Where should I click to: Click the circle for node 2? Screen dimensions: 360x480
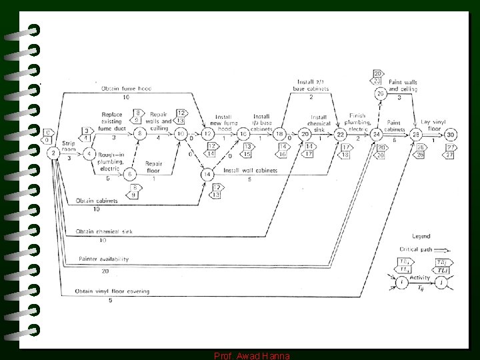coord(53,153)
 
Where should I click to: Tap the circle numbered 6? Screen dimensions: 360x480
coord(131,174)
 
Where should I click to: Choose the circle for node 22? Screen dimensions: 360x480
coord(341,134)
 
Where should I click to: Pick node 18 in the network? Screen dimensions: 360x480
coord(280,134)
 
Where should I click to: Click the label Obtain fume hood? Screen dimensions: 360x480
coord(126,89)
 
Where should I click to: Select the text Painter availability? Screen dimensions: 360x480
coord(103,259)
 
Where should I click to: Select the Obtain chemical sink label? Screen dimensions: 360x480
coord(105,231)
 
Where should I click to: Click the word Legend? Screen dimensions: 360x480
coord(421,236)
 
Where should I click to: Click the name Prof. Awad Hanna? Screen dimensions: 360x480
coord(251,356)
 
